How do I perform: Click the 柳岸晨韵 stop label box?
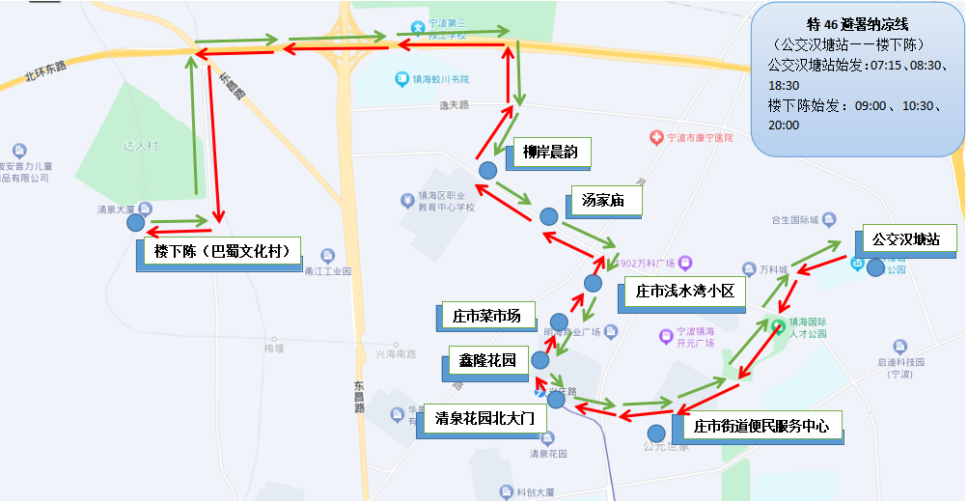click(549, 153)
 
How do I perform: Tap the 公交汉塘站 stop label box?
click(905, 239)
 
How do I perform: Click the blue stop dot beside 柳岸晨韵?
click(488, 170)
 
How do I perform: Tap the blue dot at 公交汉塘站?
click(875, 267)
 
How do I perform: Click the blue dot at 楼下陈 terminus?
click(136, 223)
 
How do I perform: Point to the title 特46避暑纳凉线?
click(858, 24)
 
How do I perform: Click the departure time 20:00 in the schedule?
click(784, 125)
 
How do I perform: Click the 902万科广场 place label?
click(649, 262)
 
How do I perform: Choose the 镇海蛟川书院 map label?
click(439, 79)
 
